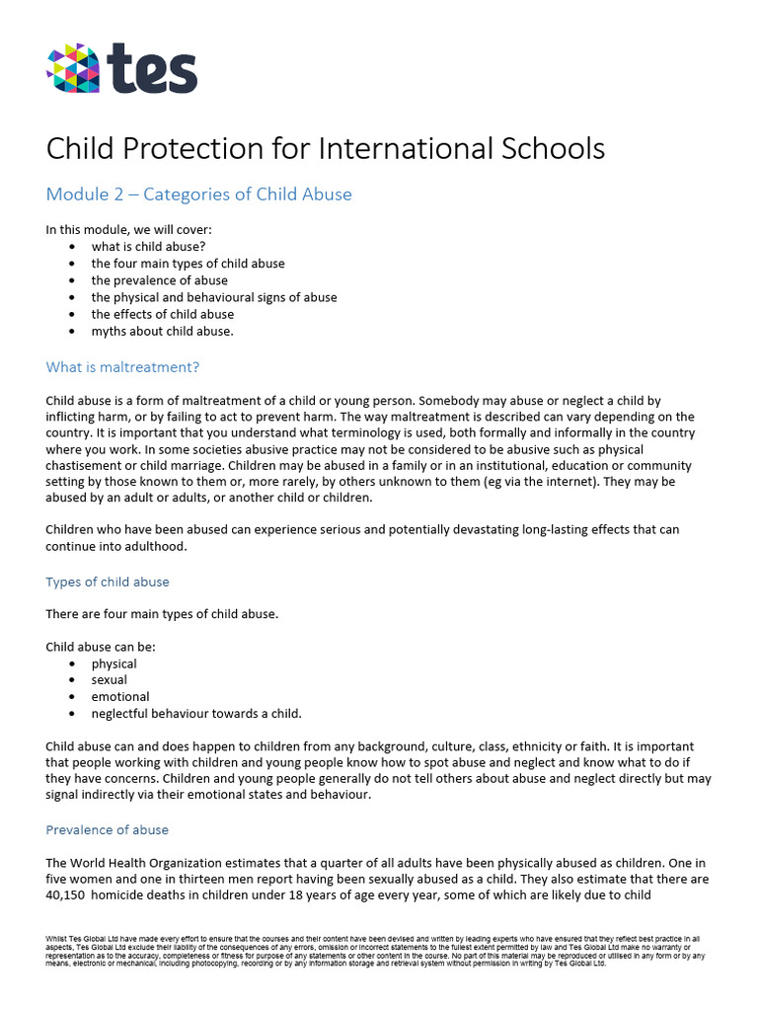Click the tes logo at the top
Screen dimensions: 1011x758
(x=121, y=68)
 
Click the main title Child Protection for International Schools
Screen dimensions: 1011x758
(x=325, y=149)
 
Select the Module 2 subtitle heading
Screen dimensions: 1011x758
(x=198, y=194)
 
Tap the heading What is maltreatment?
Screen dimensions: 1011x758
(x=122, y=367)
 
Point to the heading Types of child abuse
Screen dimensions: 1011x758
(x=108, y=582)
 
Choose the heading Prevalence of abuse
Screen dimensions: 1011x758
(x=108, y=829)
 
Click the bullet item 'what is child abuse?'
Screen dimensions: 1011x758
(x=148, y=247)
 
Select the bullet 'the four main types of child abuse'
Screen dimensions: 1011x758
(x=188, y=264)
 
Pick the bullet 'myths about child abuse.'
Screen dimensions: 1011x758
(x=163, y=331)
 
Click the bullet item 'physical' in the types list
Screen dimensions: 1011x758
(x=114, y=663)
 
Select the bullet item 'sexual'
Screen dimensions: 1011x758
(x=110, y=680)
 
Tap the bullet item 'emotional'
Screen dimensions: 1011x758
(x=120, y=697)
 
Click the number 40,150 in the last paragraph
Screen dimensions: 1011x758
(x=67, y=895)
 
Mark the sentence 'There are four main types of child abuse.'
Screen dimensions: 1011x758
(x=162, y=614)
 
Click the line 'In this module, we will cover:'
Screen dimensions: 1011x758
(x=121, y=230)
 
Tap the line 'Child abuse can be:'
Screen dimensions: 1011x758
(x=101, y=647)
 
